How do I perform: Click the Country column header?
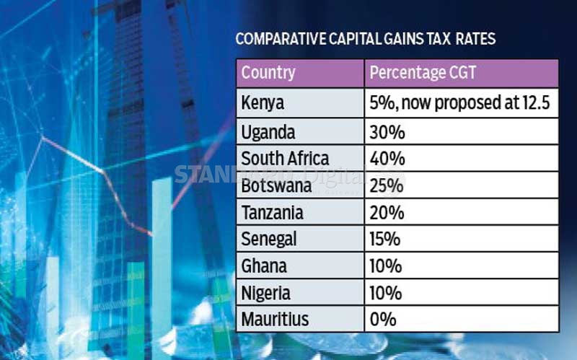[268, 73]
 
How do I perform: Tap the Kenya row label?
[263, 103]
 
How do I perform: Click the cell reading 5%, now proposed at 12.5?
[459, 103]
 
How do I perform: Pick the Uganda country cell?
[268, 132]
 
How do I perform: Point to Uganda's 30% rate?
[384, 132]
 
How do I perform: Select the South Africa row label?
[285, 159]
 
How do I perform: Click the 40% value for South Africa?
[385, 159]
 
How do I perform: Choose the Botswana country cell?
[277, 185]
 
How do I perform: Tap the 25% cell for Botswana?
[385, 185]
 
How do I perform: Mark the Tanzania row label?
[273, 213]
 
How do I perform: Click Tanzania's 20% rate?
[385, 213]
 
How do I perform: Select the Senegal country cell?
[269, 239]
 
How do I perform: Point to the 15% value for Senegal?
[384, 239]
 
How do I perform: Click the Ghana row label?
[264, 266]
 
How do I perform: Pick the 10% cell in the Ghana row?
[384, 266]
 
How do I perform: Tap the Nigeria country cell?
[266, 293]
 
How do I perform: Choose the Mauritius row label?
[274, 319]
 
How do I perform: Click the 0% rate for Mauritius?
[382, 319]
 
